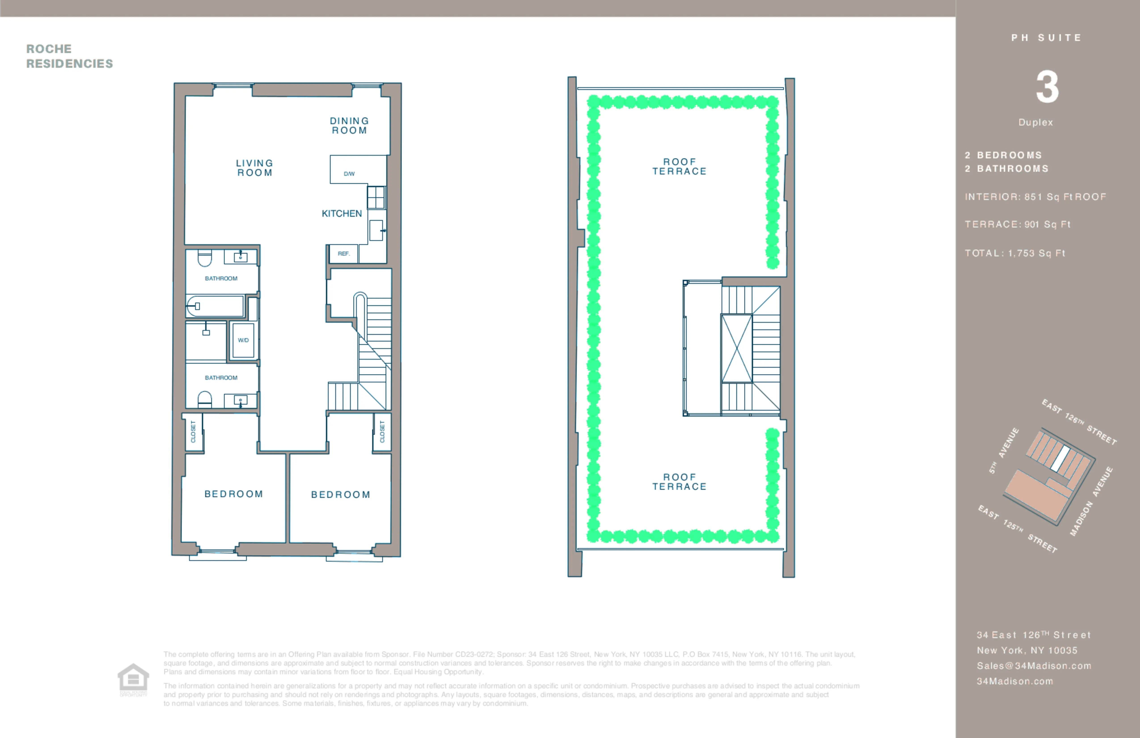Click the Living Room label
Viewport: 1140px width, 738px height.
tap(254, 168)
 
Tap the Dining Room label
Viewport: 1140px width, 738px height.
tap(349, 125)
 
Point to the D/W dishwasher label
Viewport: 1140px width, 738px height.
tap(349, 174)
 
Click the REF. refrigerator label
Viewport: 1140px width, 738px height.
tap(343, 254)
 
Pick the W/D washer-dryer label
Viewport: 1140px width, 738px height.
tap(243, 340)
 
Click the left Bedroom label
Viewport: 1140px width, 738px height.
tap(234, 494)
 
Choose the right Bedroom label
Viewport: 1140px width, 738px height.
tap(341, 494)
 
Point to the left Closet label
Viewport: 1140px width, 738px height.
tap(193, 432)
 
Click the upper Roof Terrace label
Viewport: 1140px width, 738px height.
tap(679, 166)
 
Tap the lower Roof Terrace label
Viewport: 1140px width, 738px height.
tap(679, 482)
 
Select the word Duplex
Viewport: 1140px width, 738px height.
tap(1036, 122)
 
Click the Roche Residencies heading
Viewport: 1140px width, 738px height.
tap(70, 56)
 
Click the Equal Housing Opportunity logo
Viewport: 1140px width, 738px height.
tap(133, 679)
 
